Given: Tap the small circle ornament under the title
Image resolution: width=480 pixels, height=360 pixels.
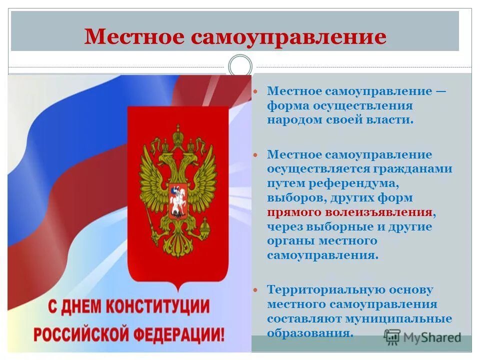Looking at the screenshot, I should click(x=240, y=66).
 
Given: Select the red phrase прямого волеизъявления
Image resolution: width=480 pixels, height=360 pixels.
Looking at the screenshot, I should click(x=349, y=212).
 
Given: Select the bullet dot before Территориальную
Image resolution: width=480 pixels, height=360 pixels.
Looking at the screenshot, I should click(x=256, y=290).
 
